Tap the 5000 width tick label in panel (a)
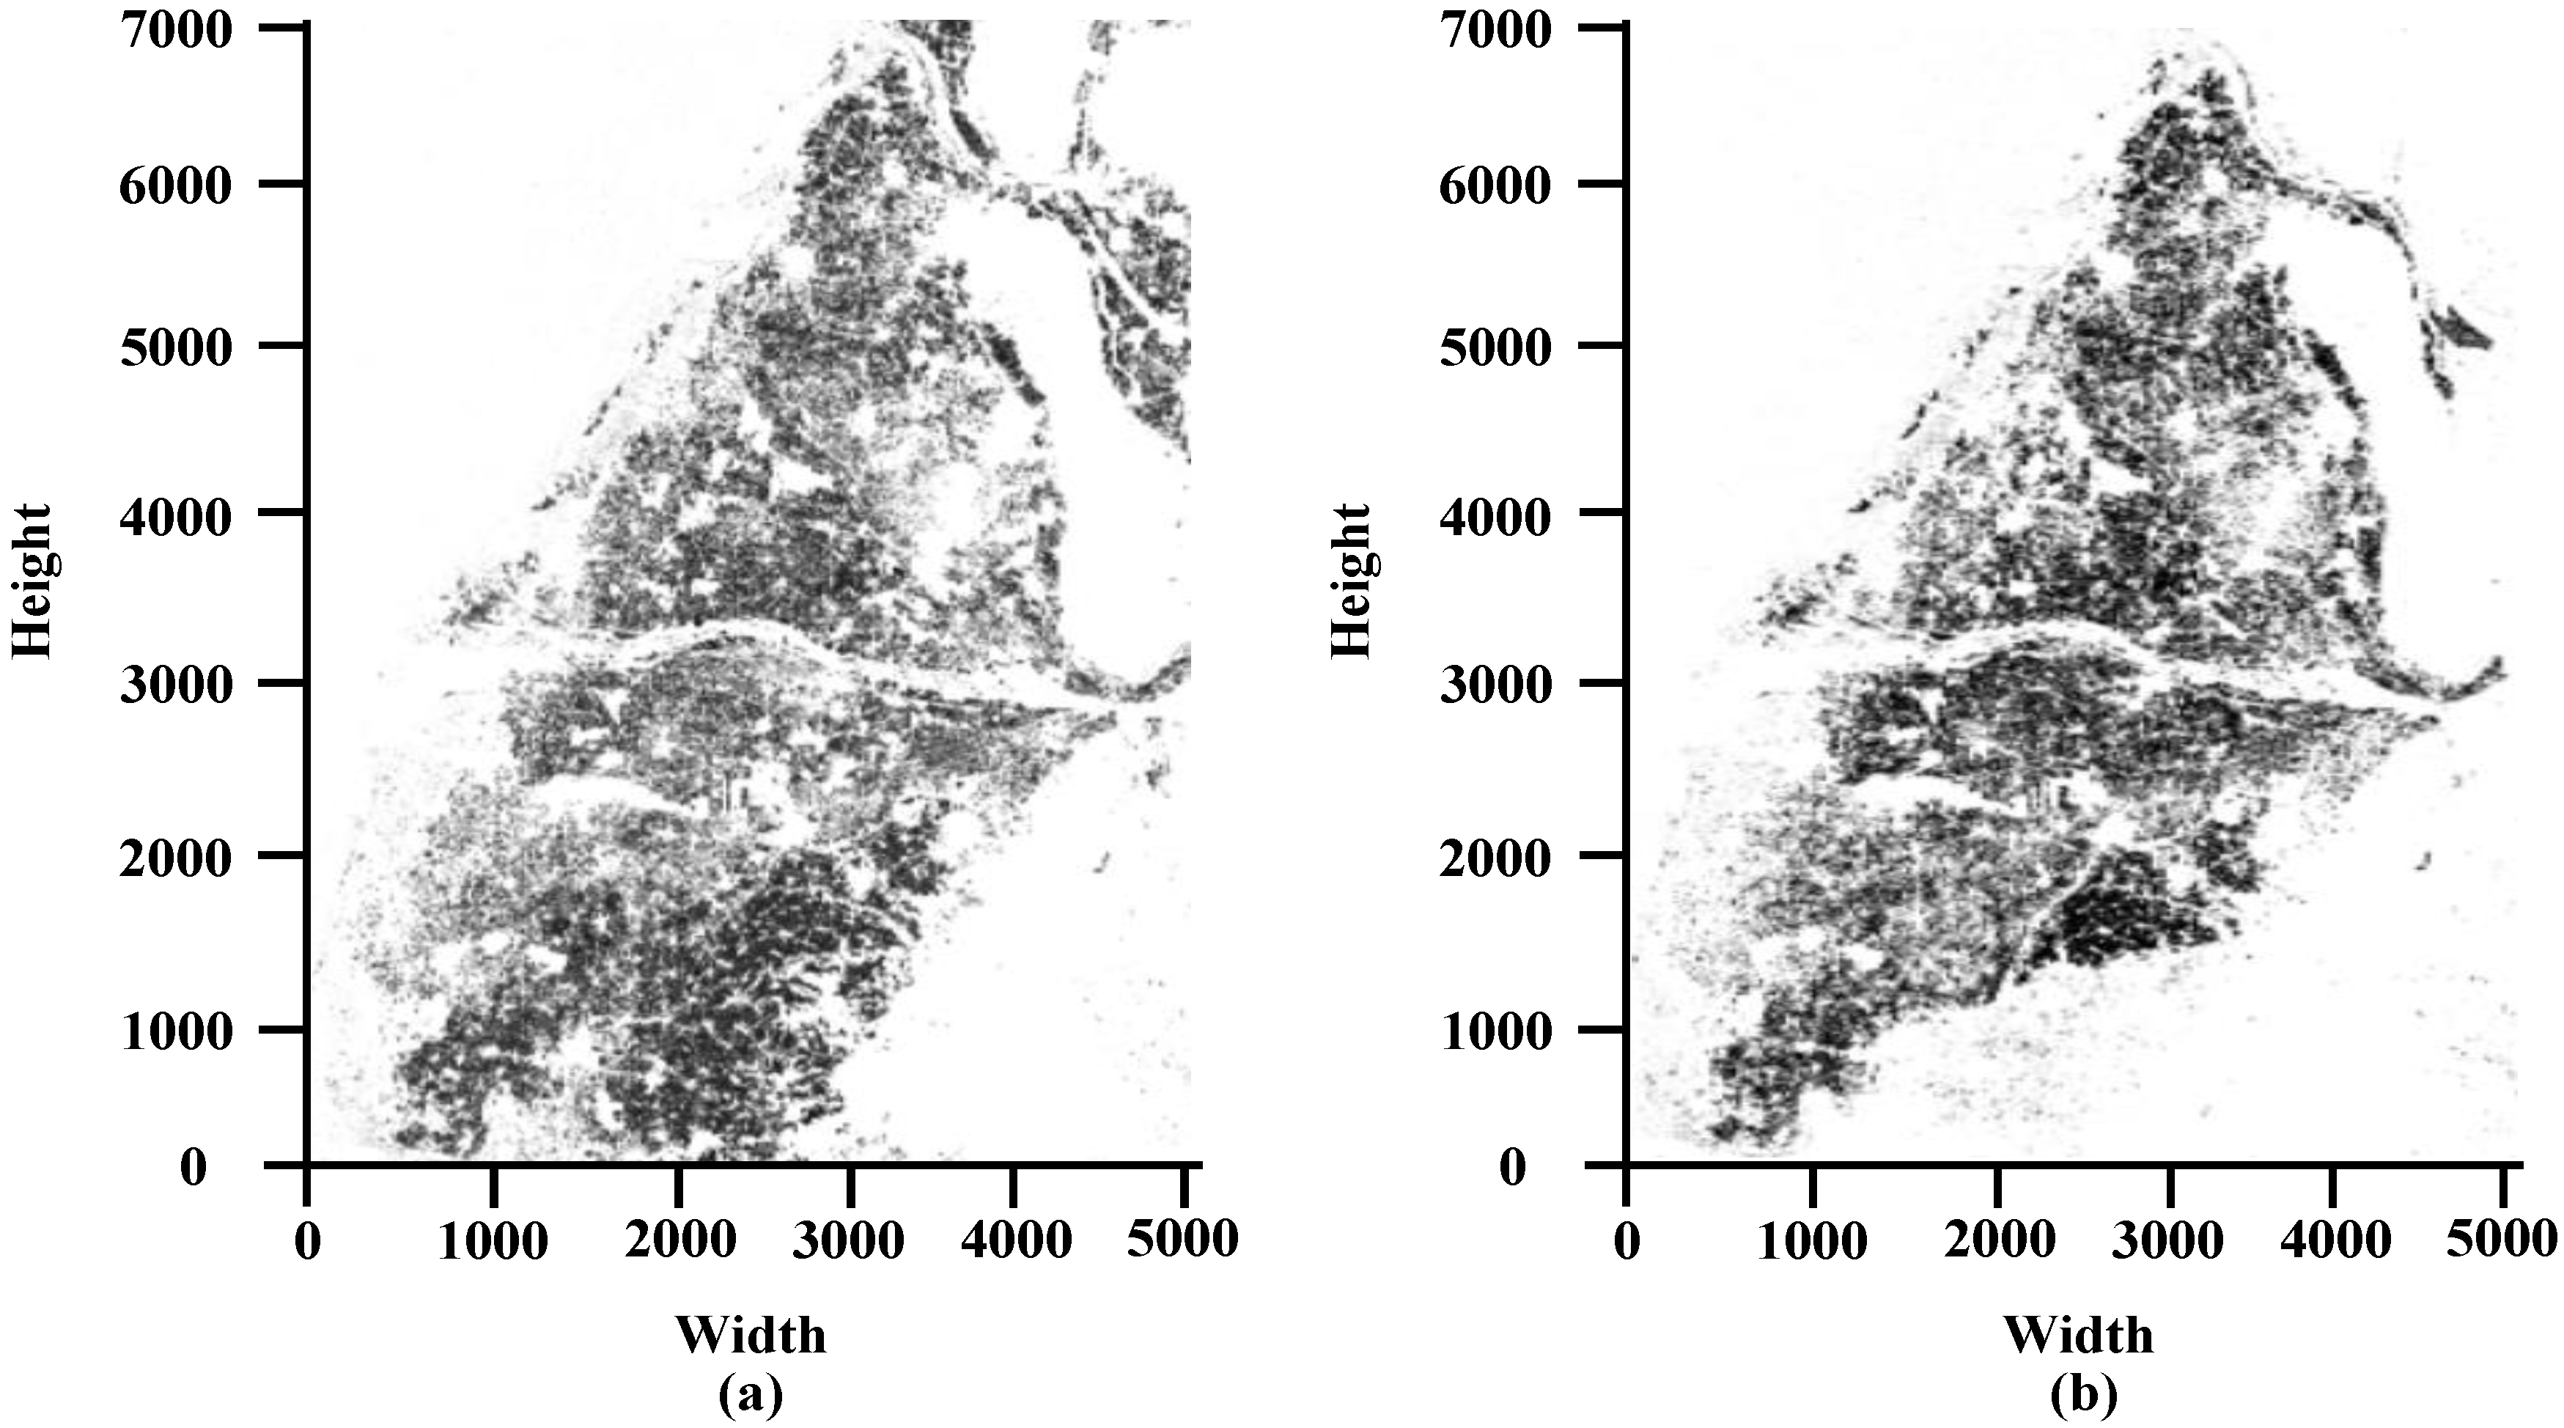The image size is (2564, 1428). click(x=1182, y=1239)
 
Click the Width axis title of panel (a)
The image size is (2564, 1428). click(x=751, y=1334)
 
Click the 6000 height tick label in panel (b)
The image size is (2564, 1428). click(x=1495, y=186)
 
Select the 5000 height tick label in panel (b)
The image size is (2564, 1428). click(x=1495, y=349)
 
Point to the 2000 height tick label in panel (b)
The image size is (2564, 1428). click(x=1495, y=859)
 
